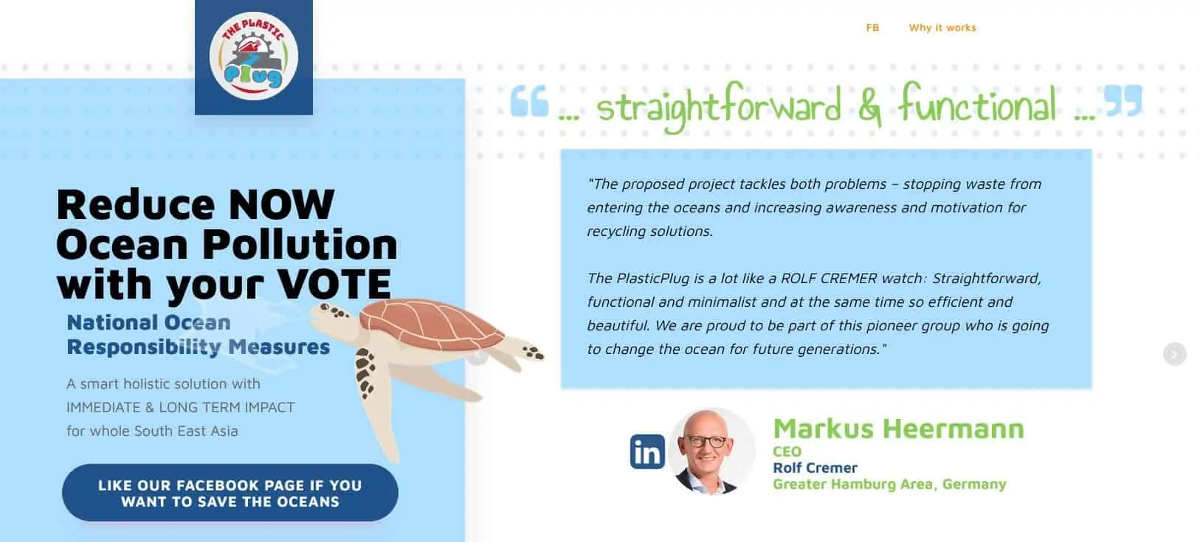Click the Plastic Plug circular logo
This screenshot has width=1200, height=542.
tap(253, 55)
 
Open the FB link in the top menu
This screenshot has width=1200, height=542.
tap(872, 27)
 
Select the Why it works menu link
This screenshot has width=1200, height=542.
tap(942, 27)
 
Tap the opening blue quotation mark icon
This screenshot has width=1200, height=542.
tap(528, 100)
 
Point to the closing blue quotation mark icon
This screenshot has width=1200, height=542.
tap(1123, 100)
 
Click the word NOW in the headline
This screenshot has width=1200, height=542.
tap(282, 204)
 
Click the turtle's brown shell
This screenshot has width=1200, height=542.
tap(432, 324)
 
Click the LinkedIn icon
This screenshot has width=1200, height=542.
tap(647, 451)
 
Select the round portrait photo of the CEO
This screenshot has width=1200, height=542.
tap(711, 451)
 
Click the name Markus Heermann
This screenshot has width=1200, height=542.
tap(898, 428)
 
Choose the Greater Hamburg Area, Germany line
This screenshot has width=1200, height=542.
tap(889, 484)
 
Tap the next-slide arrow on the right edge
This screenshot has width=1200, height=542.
tap(1174, 354)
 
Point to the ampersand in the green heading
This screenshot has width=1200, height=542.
tap(869, 108)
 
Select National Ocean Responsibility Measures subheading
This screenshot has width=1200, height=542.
tap(199, 334)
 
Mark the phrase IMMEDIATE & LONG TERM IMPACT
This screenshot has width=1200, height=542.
tap(181, 407)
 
